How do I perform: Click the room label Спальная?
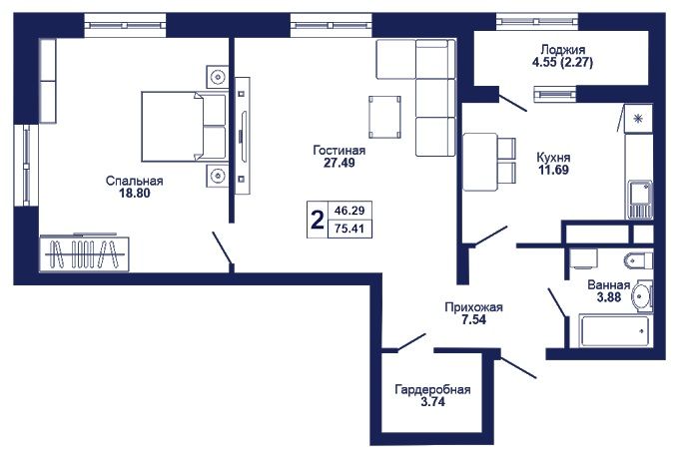(134, 181)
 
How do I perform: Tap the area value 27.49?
(339, 163)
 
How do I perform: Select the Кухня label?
(553, 157)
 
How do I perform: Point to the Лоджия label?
(563, 49)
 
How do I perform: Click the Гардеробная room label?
(432, 390)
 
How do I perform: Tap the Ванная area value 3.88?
(609, 297)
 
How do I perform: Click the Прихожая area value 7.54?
(474, 320)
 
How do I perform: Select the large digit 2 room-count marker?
(318, 220)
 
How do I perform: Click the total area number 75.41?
(349, 229)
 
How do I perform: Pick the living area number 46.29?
(349, 211)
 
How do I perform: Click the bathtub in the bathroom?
(614, 331)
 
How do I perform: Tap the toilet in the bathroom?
(638, 260)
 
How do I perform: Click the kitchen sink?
(639, 200)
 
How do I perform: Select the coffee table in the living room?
(384, 117)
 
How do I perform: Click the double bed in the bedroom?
(184, 127)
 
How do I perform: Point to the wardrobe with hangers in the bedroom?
(84, 254)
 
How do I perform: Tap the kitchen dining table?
(480, 162)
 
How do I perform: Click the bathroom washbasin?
(642, 296)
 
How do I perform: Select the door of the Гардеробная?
(411, 341)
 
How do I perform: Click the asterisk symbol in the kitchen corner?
(638, 119)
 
